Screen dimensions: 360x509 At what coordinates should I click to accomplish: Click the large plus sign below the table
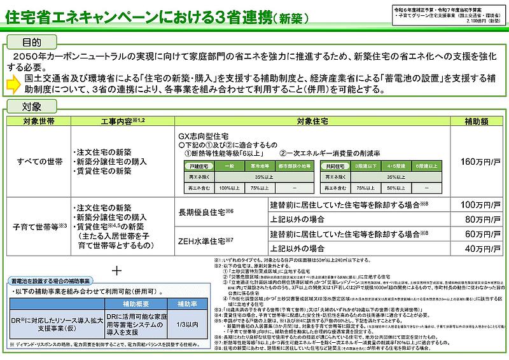(116, 270)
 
